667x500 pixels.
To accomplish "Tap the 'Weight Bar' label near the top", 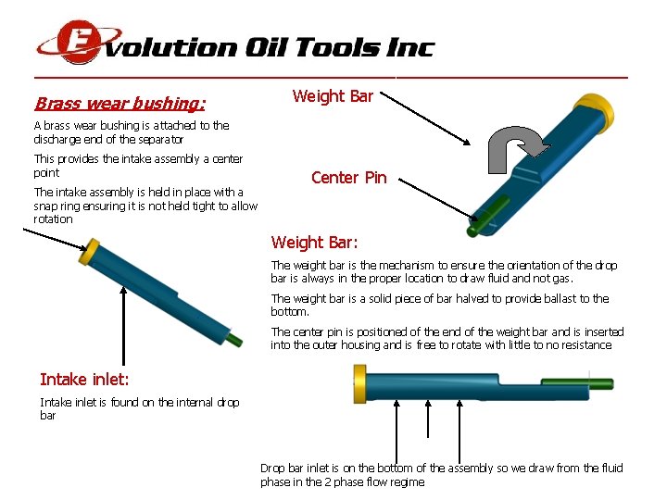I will (x=333, y=96).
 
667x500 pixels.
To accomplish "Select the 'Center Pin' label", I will (x=348, y=178).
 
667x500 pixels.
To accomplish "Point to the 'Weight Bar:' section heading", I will (x=314, y=243).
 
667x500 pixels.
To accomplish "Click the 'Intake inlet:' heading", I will (x=84, y=379).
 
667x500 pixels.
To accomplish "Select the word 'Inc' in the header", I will (x=409, y=47).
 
